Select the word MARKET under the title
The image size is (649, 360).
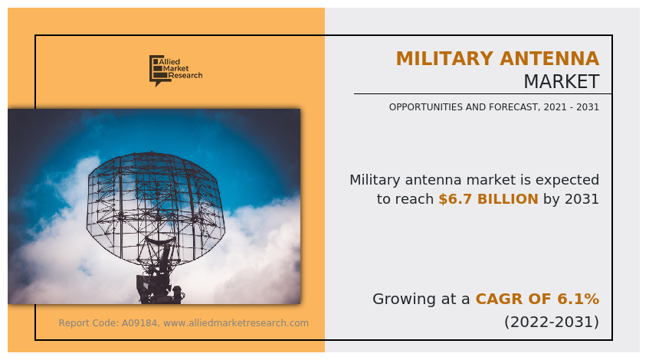click(561, 82)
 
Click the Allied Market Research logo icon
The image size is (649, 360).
click(156, 70)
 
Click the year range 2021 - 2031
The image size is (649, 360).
click(570, 107)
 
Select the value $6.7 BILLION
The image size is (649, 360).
click(488, 199)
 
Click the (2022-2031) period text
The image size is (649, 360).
click(551, 322)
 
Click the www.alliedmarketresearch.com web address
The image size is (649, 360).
click(236, 323)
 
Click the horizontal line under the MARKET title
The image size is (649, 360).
click(483, 94)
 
